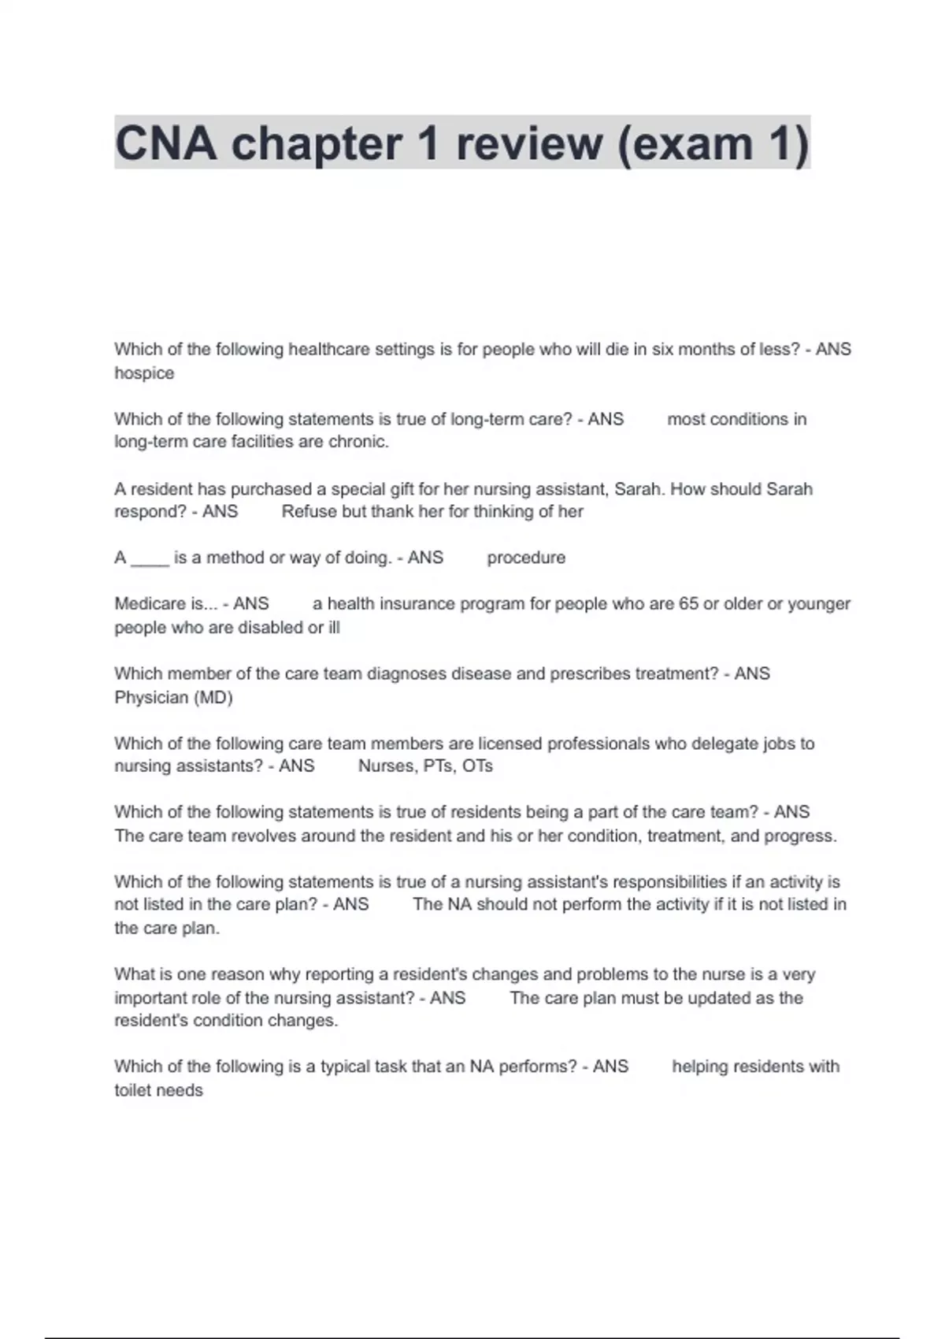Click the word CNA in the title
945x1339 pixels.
tap(166, 143)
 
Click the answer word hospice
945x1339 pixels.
tap(144, 373)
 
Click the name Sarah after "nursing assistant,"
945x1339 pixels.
tap(636, 489)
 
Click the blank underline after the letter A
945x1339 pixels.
tap(150, 558)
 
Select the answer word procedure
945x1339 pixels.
tap(526, 558)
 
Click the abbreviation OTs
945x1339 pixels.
tap(477, 766)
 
